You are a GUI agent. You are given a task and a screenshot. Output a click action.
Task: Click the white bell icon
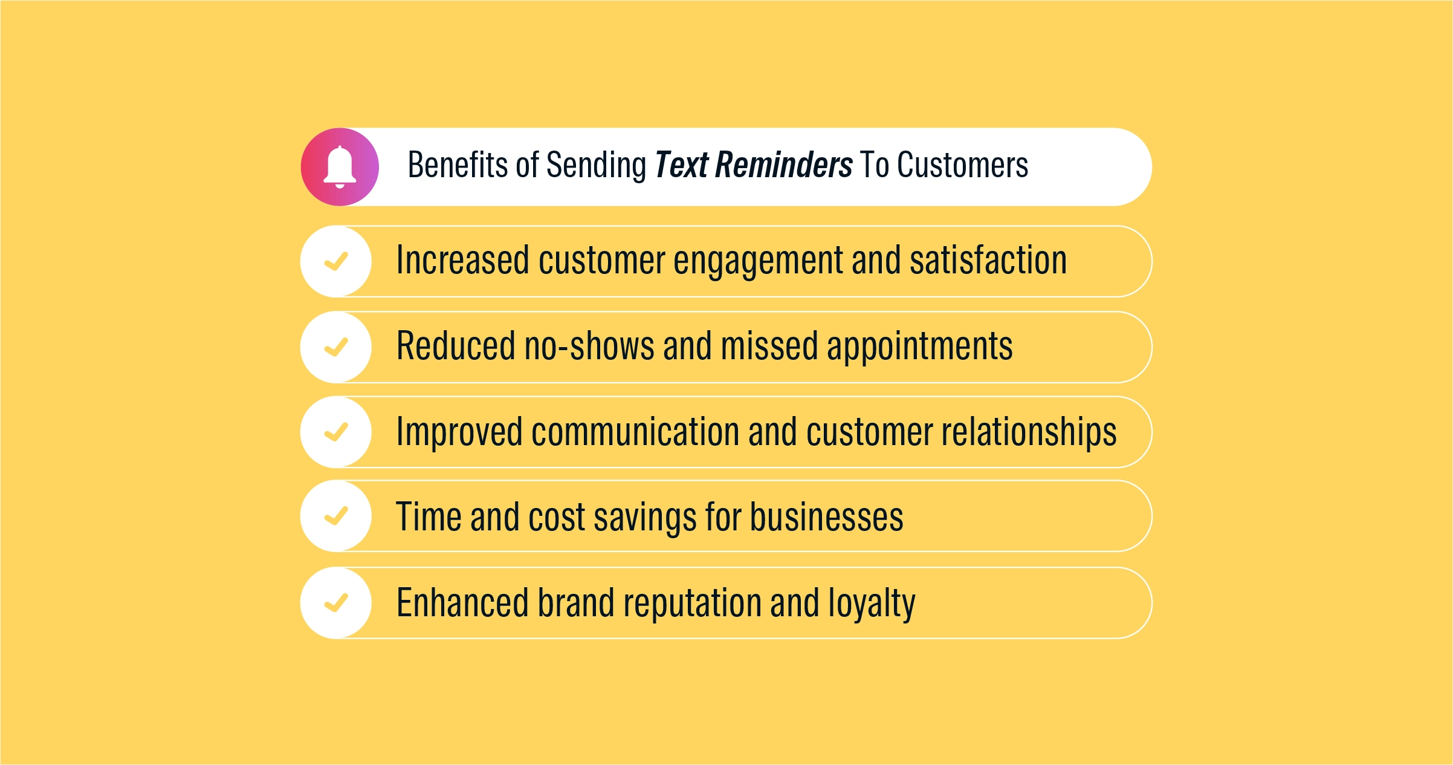coord(340,167)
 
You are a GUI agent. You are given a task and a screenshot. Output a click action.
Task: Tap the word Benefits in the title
coord(458,165)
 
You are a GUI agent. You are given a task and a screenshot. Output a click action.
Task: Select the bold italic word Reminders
coord(783,165)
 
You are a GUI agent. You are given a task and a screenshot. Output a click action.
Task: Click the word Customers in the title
coord(962,165)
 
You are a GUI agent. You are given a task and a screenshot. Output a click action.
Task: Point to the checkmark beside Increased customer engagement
coord(336,261)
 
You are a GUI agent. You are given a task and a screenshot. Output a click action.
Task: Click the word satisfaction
coord(988,260)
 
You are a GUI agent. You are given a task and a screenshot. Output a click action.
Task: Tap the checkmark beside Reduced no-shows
coord(336,347)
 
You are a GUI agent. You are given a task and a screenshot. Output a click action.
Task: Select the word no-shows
coord(589,347)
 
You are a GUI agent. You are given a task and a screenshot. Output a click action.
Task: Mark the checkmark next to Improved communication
coord(336,432)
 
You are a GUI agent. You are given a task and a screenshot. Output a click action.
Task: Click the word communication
coord(635,432)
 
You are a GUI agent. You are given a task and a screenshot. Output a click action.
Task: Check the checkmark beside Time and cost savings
coord(336,516)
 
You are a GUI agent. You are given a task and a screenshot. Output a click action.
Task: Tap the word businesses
coord(827,517)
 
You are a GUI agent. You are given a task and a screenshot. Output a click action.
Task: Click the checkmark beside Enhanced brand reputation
coord(336,603)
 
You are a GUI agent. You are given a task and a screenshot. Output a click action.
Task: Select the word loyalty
coord(872,604)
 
